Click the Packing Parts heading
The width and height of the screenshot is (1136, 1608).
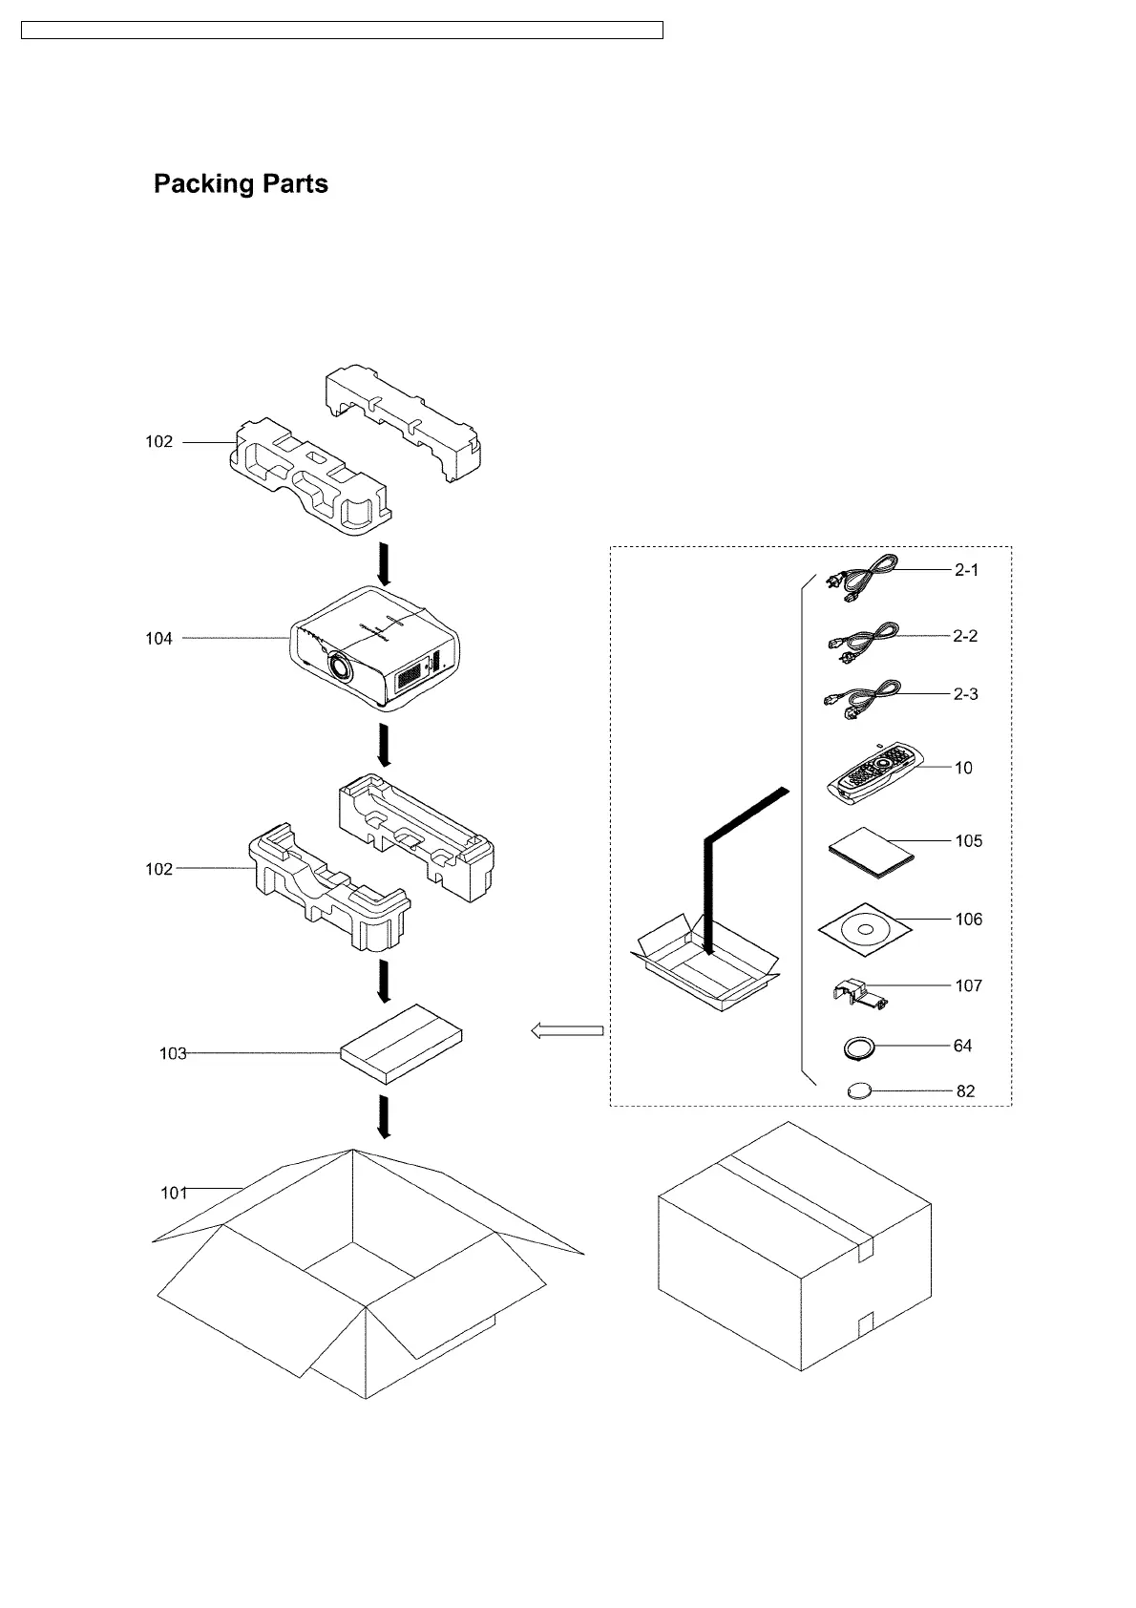(x=241, y=183)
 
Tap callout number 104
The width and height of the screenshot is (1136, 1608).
(x=158, y=639)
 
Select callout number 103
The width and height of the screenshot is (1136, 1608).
(x=173, y=1054)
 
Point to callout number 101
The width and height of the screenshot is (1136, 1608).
(x=173, y=1193)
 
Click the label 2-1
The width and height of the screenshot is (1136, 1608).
(x=965, y=570)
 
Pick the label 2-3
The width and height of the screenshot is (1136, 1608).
(x=965, y=694)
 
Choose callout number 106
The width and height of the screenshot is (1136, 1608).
(x=968, y=920)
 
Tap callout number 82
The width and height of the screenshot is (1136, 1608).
(x=965, y=1091)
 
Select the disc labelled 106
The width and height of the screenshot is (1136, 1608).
(x=865, y=928)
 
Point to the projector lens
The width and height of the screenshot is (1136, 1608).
(x=337, y=665)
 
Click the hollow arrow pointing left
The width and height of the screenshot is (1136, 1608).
(x=567, y=1030)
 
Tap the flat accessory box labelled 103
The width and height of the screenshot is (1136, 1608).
(x=402, y=1043)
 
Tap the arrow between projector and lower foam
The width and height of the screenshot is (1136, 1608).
(x=384, y=745)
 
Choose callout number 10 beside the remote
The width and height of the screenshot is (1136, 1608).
(x=963, y=768)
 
